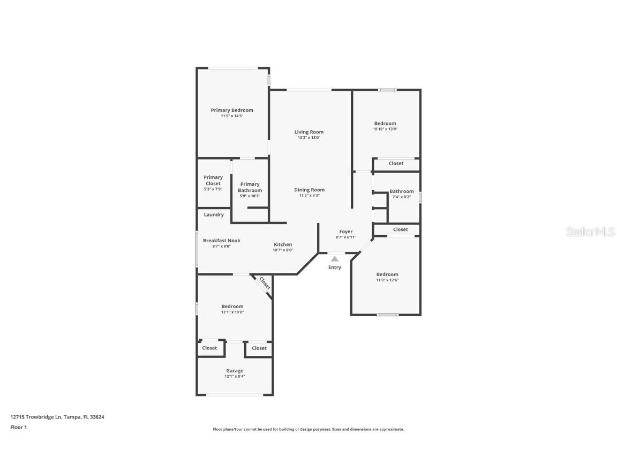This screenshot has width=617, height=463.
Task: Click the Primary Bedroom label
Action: pos(232,110)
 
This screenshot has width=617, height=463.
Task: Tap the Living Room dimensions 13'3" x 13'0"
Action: pos(309,138)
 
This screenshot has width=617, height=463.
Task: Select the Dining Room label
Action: pos(309,190)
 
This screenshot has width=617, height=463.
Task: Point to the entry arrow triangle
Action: pos(335,259)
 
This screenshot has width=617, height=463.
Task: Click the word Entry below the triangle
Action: pos(335,267)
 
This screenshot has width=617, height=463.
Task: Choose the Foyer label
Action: pos(346,231)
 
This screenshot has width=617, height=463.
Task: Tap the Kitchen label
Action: pos(283,244)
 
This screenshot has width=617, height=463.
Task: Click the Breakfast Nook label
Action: pos(222,241)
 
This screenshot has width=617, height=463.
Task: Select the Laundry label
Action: pos(214,215)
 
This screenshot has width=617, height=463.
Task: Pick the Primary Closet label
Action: pos(213,180)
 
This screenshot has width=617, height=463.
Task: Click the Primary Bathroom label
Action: pos(250,187)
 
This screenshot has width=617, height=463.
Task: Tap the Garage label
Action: pos(235,371)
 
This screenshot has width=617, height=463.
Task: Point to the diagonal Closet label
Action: pos(265,283)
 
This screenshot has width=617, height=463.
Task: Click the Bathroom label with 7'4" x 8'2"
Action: pos(402,191)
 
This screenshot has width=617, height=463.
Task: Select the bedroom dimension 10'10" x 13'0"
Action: pos(385,129)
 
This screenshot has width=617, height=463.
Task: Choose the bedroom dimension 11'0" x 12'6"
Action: pos(387,280)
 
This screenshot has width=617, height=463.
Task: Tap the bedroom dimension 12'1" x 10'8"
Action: pos(232,312)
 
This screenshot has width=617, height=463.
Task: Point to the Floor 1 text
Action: pos(18,427)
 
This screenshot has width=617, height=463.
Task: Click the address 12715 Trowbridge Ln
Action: pos(36,416)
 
